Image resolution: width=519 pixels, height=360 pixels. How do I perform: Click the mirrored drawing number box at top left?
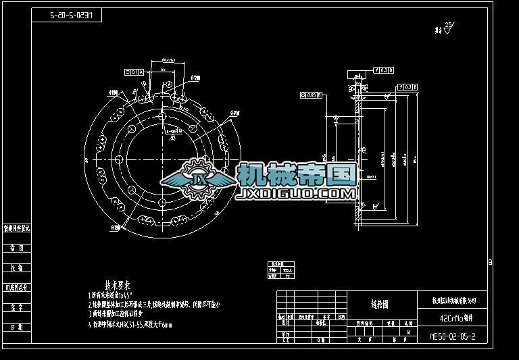[67, 14]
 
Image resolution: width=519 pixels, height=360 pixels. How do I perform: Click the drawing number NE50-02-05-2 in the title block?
[457, 335]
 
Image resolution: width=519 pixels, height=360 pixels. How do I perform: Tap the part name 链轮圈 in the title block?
[380, 305]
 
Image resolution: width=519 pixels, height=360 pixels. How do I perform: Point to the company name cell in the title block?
[458, 300]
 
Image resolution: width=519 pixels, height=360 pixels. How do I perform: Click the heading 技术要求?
[117, 284]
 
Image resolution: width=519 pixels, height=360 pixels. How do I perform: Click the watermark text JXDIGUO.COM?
[295, 194]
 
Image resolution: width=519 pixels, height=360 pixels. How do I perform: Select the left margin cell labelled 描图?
[17, 248]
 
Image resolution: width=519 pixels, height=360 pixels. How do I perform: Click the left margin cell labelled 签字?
[17, 307]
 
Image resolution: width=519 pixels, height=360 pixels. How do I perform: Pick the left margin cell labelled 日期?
[17, 327]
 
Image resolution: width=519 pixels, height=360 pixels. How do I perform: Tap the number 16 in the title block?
[408, 332]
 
